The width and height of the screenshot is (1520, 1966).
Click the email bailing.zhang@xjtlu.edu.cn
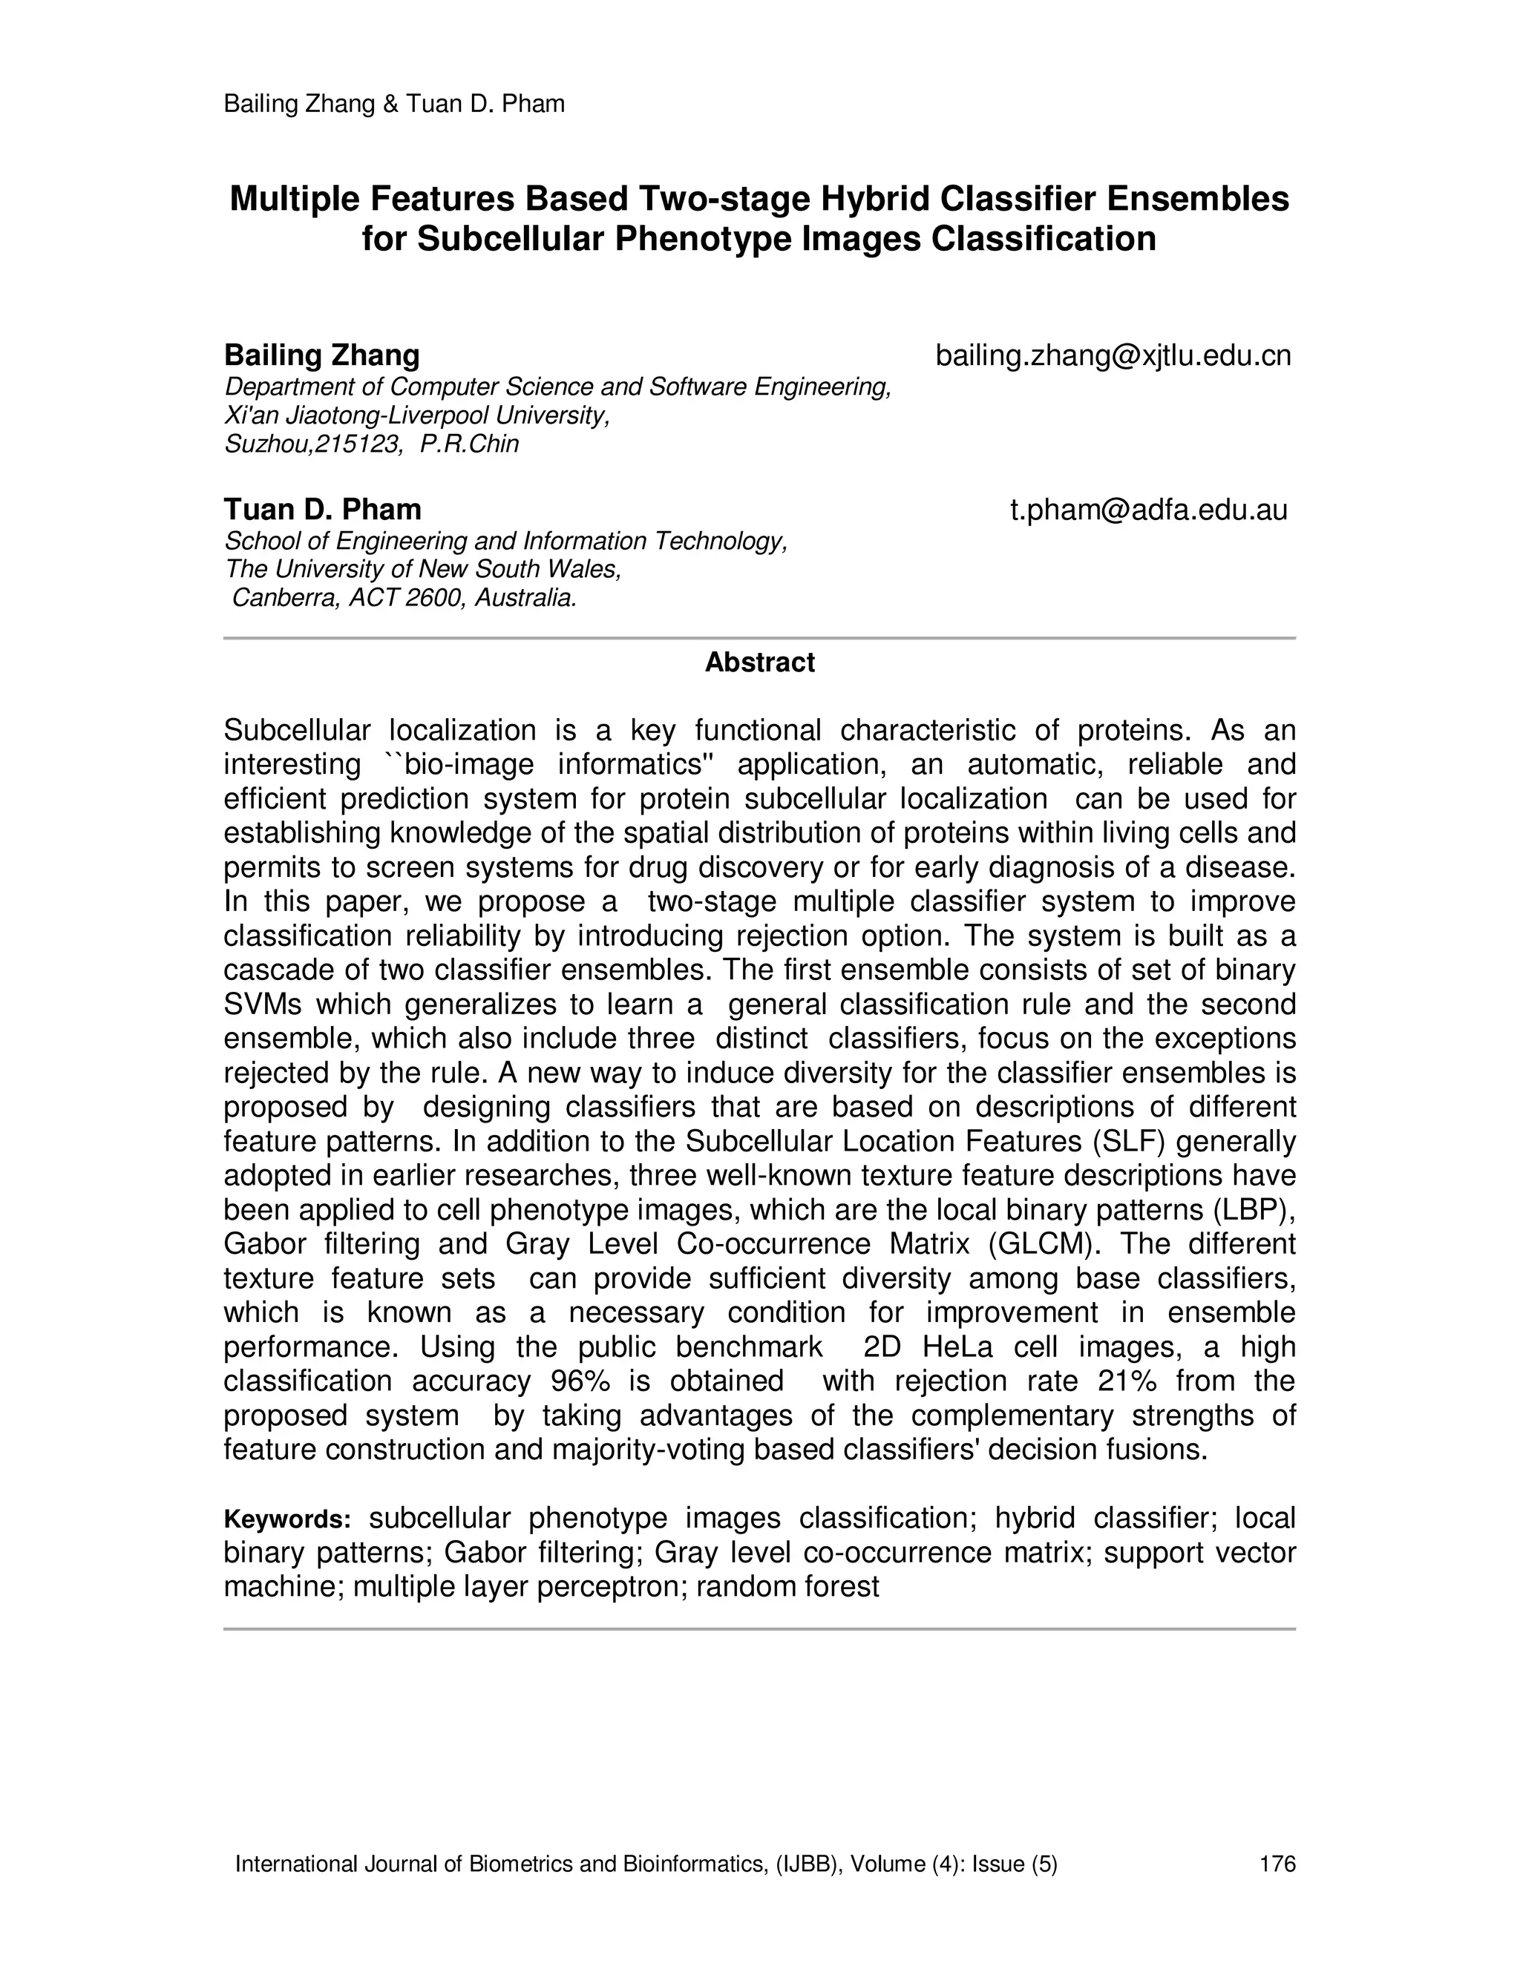point(1113,355)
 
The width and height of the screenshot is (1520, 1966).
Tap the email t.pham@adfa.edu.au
point(1148,510)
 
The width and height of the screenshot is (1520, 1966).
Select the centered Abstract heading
point(759,663)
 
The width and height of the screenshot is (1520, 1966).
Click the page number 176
point(1277,1864)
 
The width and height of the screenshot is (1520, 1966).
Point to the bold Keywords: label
point(287,1519)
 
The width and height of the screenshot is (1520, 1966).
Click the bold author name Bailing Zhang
point(321,355)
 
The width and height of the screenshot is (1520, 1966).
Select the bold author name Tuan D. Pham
point(322,510)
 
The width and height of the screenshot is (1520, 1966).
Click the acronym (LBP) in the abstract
point(1254,1210)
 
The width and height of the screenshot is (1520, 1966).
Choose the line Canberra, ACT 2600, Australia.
point(404,598)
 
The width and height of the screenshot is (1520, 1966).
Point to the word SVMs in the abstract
point(263,1005)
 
